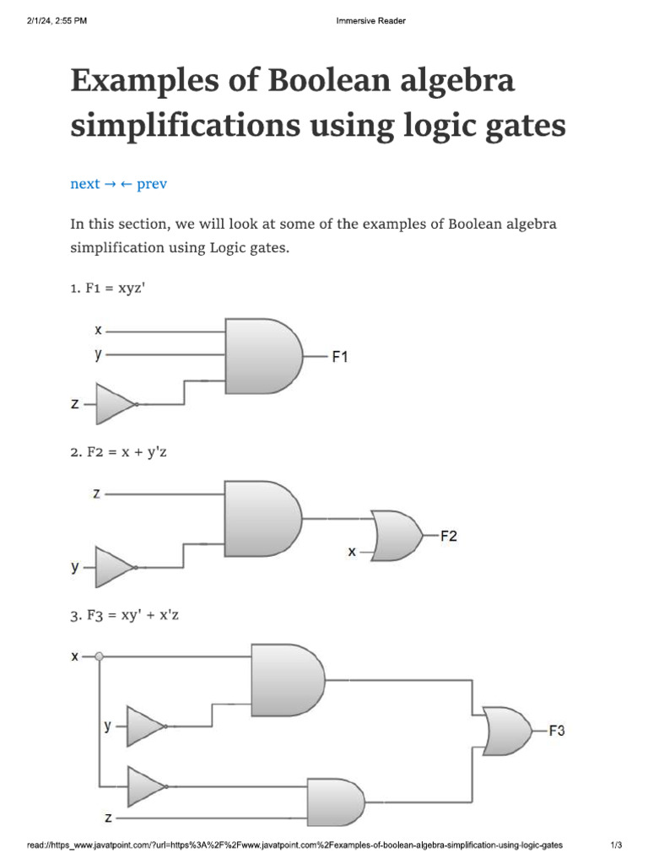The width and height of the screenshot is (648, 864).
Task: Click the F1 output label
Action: click(x=339, y=357)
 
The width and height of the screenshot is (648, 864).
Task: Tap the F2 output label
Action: click(x=449, y=536)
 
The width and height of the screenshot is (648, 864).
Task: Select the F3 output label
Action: click(x=557, y=731)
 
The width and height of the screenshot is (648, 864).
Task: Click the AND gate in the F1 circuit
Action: click(x=262, y=355)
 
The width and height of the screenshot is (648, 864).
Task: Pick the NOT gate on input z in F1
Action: click(x=116, y=404)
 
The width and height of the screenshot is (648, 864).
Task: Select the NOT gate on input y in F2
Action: click(x=116, y=566)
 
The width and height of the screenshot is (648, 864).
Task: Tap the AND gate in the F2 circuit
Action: click(x=262, y=518)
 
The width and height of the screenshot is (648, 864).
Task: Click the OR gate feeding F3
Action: click(x=507, y=731)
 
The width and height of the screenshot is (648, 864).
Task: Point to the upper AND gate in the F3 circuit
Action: click(x=288, y=680)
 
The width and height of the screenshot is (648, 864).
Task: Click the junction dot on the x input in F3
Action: click(x=100, y=656)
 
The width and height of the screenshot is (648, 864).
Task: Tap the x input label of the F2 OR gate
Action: click(x=353, y=553)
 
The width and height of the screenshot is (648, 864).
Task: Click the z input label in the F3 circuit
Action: click(x=108, y=818)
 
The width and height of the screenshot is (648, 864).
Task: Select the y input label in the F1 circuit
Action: click(x=98, y=355)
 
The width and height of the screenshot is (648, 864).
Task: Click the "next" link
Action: click(x=85, y=184)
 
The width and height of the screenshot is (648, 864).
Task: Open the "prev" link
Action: click(x=152, y=184)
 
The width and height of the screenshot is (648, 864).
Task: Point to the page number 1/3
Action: click(x=616, y=845)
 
